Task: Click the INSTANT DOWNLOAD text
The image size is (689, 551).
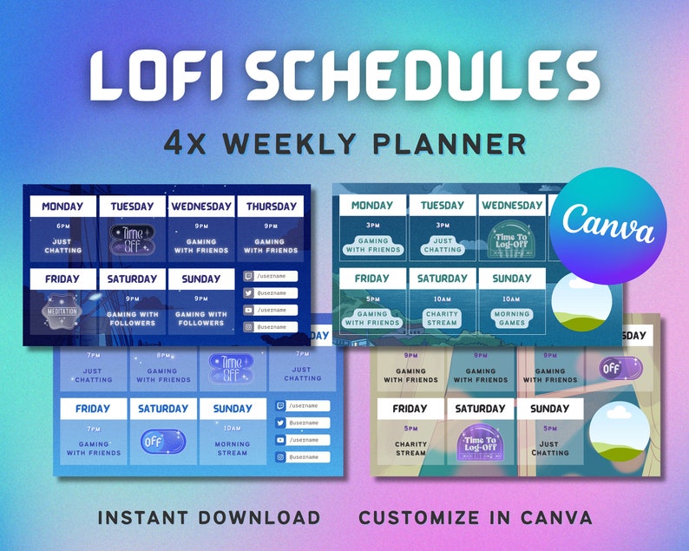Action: (209, 518)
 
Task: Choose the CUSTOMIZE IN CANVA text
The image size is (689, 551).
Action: (476, 518)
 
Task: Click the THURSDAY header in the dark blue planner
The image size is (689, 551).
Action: (271, 207)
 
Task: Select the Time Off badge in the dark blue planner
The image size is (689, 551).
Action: (132, 239)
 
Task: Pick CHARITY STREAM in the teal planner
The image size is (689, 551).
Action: (443, 317)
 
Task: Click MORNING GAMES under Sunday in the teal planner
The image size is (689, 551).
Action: (512, 317)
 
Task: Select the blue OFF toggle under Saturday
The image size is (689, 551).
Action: (162, 441)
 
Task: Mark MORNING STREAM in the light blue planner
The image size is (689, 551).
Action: (233, 446)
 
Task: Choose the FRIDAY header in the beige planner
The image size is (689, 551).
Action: (410, 409)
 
